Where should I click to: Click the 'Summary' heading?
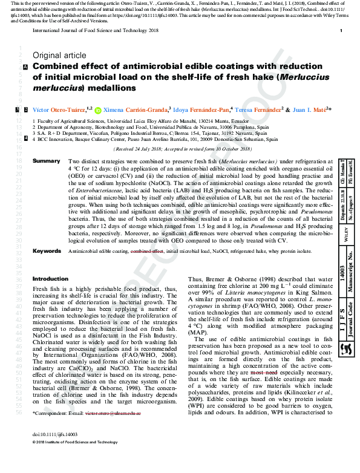click(x=46, y=161)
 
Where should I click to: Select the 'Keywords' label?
click(x=47, y=267)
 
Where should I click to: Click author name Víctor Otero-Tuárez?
click(x=59, y=110)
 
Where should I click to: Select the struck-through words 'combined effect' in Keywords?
click(x=147, y=267)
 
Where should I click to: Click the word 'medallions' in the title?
click(x=114, y=88)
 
